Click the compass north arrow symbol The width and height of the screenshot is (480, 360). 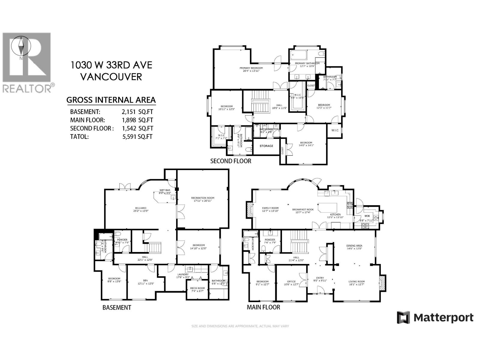21,46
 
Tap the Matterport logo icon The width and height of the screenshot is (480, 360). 403,317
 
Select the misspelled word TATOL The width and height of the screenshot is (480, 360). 79,137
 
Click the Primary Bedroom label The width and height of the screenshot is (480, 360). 251,68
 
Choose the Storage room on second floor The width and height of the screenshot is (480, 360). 266,146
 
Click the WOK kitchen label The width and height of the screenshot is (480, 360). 367,216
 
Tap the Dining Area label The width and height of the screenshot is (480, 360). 354,246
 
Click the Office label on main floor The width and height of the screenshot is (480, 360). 291,282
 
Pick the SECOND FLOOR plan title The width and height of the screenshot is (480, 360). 230,161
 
